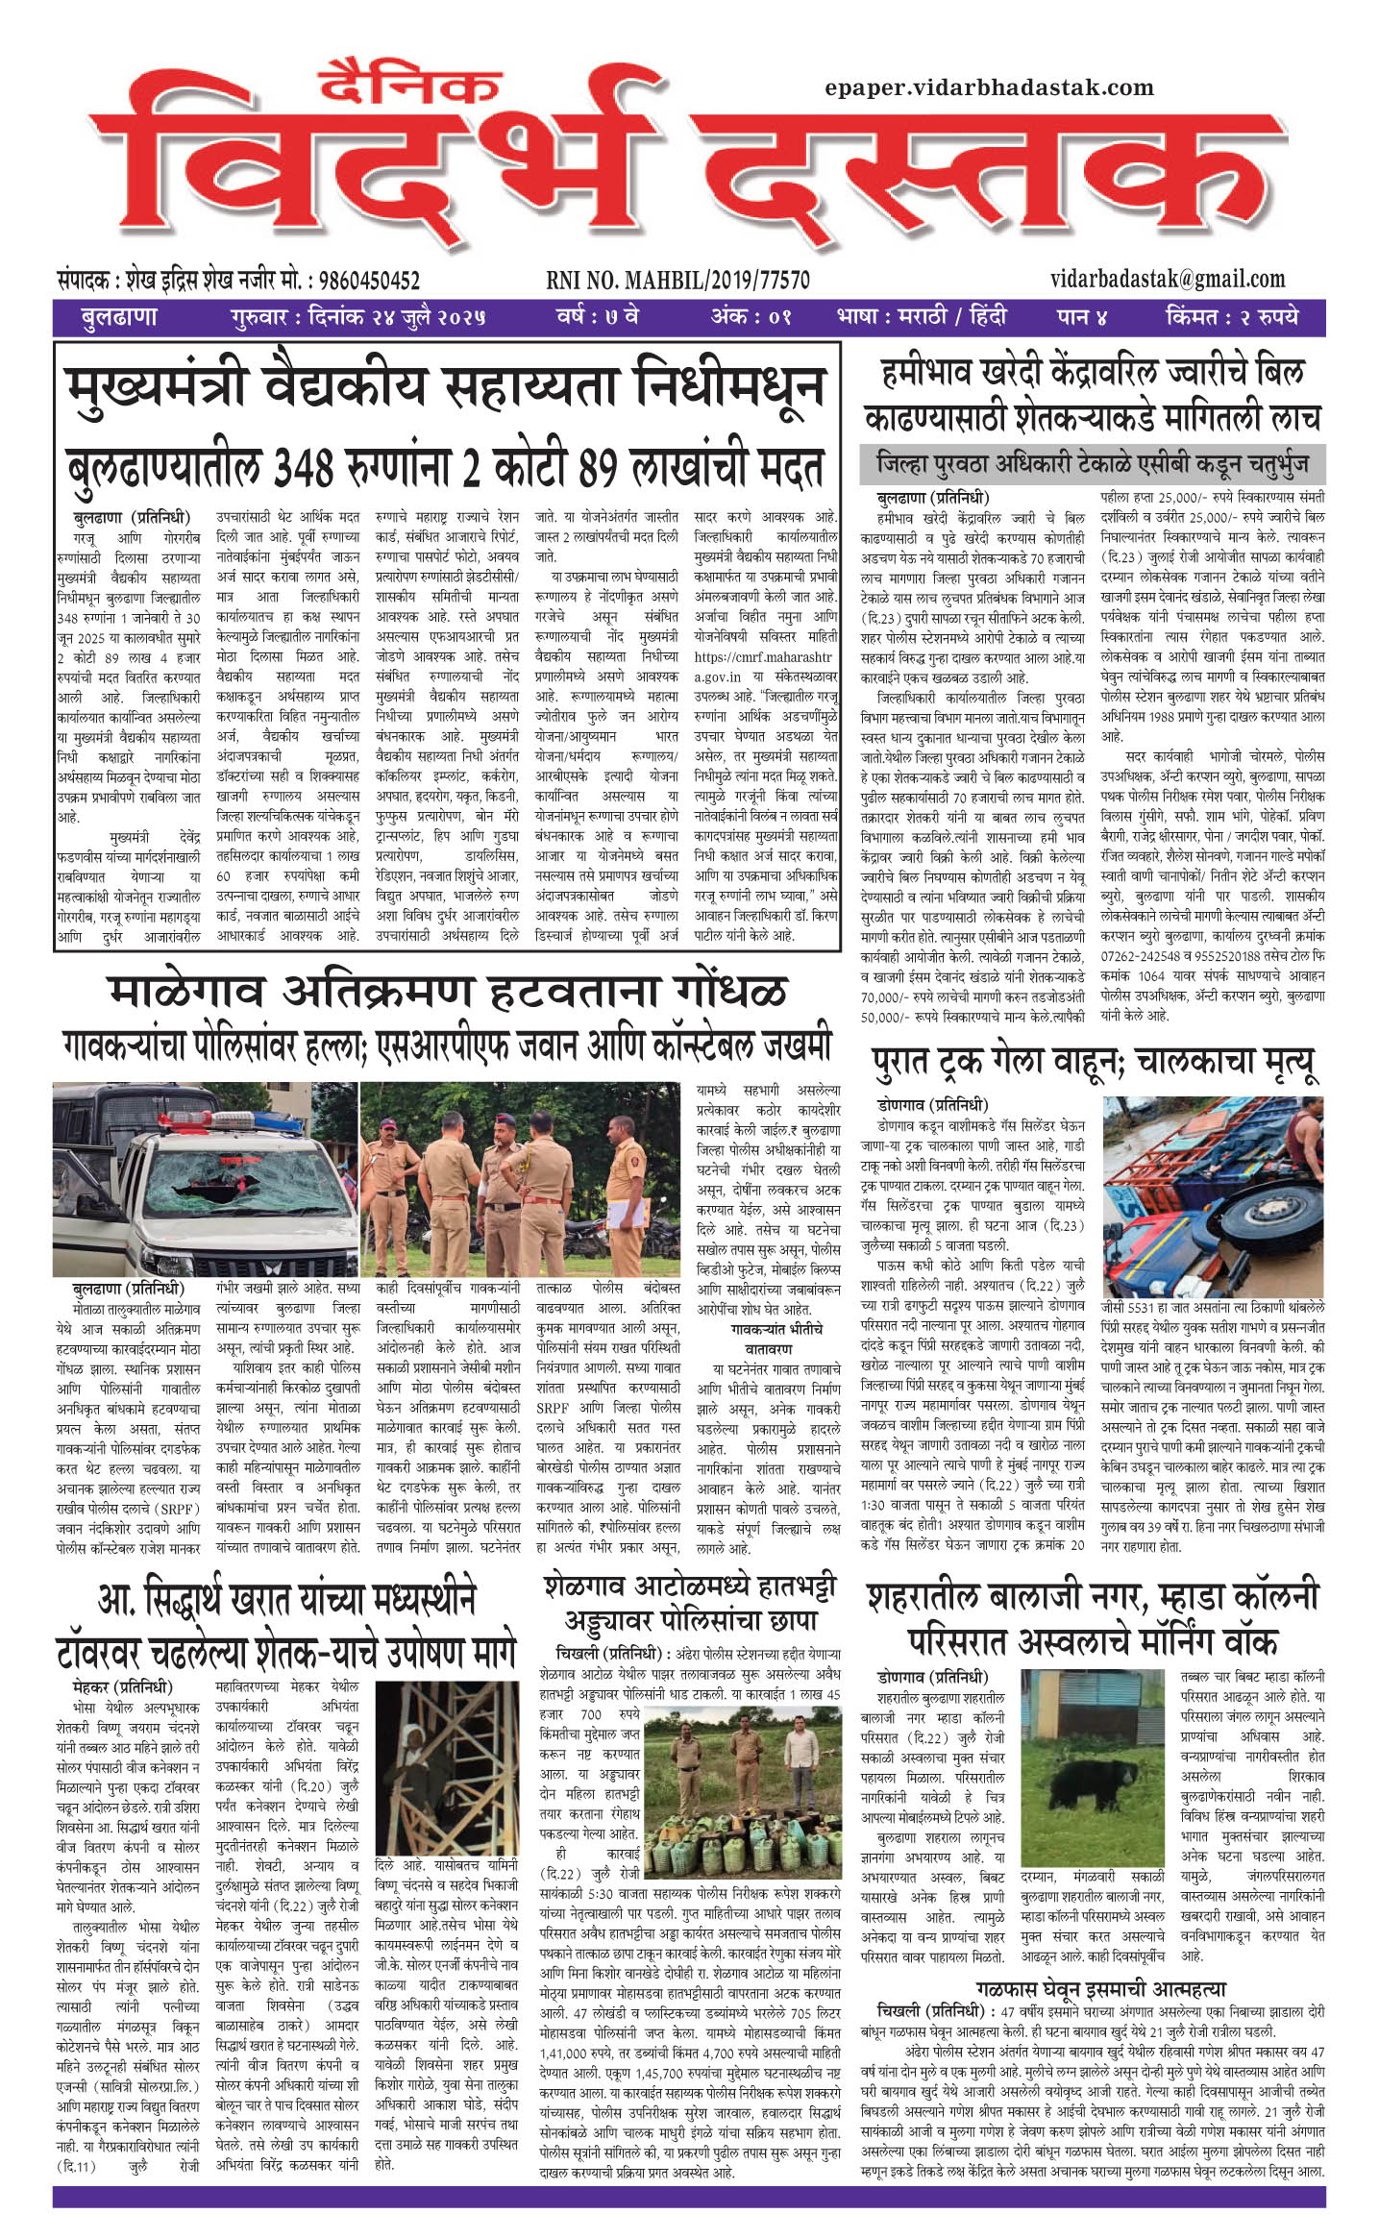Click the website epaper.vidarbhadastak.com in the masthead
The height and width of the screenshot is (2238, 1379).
coord(989,87)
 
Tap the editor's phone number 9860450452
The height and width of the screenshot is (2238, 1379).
coord(368,281)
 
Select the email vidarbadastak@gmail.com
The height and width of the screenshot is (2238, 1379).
coord(1168,279)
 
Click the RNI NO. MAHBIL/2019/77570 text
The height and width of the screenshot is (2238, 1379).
coord(677,281)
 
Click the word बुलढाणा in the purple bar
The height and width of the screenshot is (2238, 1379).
coord(119,316)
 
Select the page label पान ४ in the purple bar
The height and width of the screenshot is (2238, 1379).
coord(1082,316)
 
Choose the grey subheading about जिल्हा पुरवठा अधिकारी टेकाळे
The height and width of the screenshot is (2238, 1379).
coord(1093,464)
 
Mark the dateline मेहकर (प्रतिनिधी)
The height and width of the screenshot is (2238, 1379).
coord(122,1686)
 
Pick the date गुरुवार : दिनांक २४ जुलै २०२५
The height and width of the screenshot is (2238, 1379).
coord(358,316)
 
